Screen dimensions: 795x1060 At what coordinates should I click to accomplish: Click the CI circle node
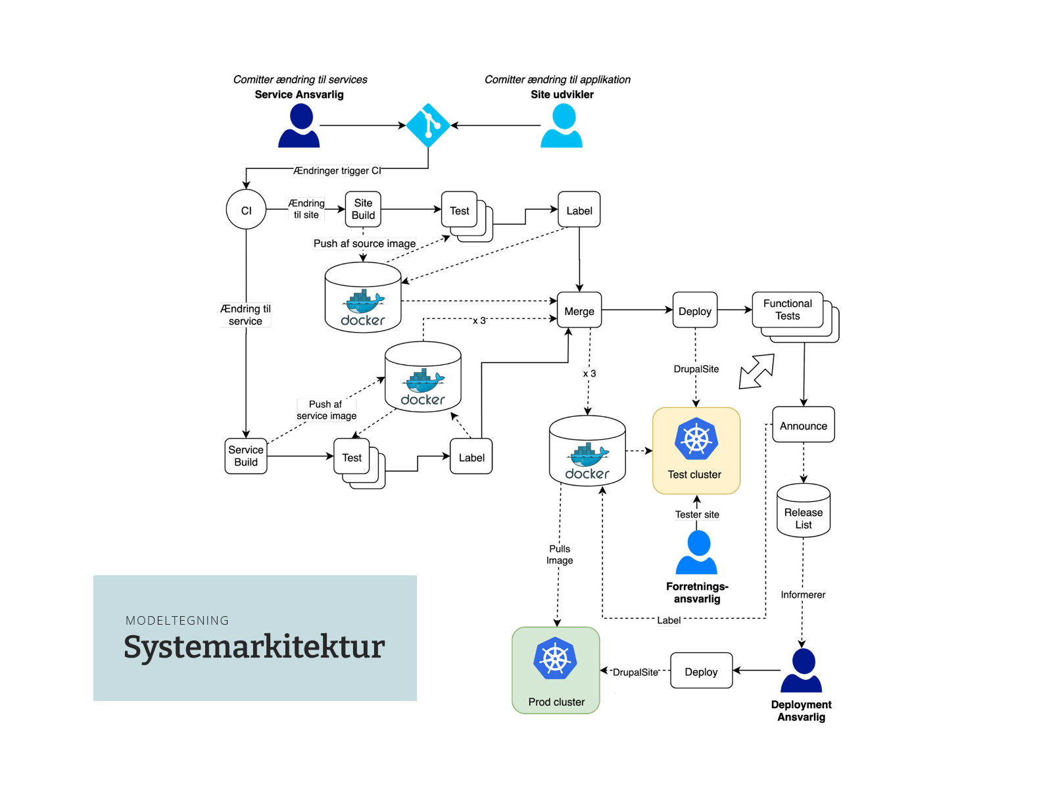point(246,210)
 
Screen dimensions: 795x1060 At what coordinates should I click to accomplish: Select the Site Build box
point(363,209)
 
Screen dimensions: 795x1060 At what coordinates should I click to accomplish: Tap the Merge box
point(579,310)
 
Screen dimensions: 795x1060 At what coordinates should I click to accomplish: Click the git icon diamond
point(428,125)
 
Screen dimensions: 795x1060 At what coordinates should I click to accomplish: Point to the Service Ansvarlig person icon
point(299,126)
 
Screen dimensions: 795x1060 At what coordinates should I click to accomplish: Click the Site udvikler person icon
point(562,126)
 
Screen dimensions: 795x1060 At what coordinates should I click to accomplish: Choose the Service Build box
point(246,456)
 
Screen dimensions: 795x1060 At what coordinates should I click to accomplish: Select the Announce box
point(803,425)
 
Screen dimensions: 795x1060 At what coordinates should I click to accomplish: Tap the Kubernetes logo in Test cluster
point(696,439)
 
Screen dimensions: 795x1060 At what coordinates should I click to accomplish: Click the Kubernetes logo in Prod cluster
point(556,659)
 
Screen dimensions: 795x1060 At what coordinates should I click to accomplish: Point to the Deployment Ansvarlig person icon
point(802,671)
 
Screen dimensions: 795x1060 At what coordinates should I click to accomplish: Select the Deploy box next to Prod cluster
point(701,671)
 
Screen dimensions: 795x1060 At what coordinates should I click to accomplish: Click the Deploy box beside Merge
point(694,310)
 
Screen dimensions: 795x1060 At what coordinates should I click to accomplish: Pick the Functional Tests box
point(788,310)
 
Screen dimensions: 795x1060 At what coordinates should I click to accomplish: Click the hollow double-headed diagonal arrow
point(757,372)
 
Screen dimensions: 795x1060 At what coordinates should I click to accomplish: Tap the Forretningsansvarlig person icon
point(697,553)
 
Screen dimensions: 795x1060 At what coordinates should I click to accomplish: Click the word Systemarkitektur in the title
point(254,646)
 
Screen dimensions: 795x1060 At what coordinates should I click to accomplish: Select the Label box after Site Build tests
point(579,210)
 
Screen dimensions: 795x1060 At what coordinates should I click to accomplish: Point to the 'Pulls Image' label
point(560,554)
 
